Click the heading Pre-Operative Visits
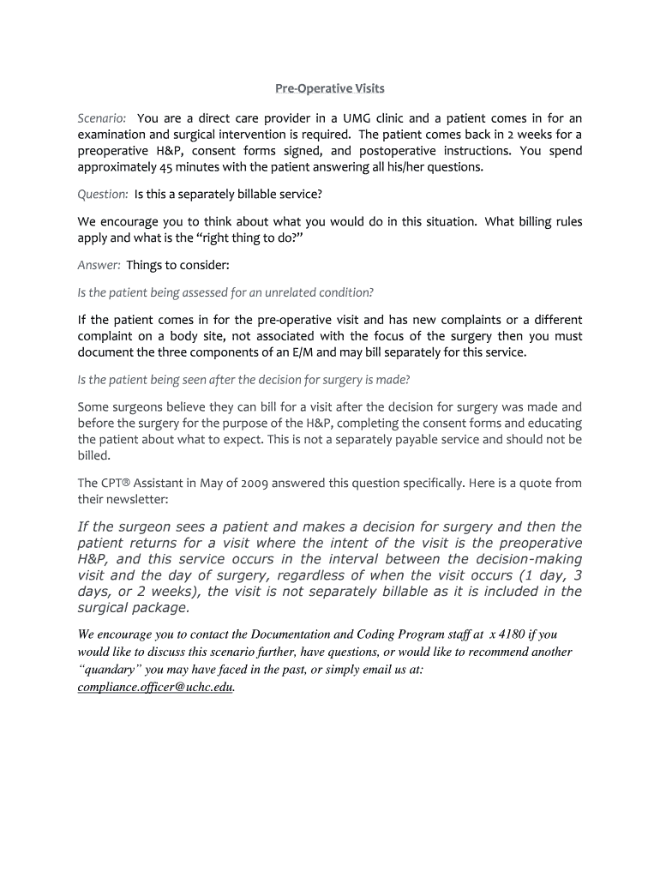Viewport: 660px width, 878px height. click(330, 88)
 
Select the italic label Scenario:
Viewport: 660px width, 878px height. click(102, 118)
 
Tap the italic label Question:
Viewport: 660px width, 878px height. click(103, 195)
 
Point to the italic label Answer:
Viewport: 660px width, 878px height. click(99, 265)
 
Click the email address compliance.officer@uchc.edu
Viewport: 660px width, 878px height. click(155, 688)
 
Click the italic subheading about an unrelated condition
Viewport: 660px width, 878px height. click(225, 292)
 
